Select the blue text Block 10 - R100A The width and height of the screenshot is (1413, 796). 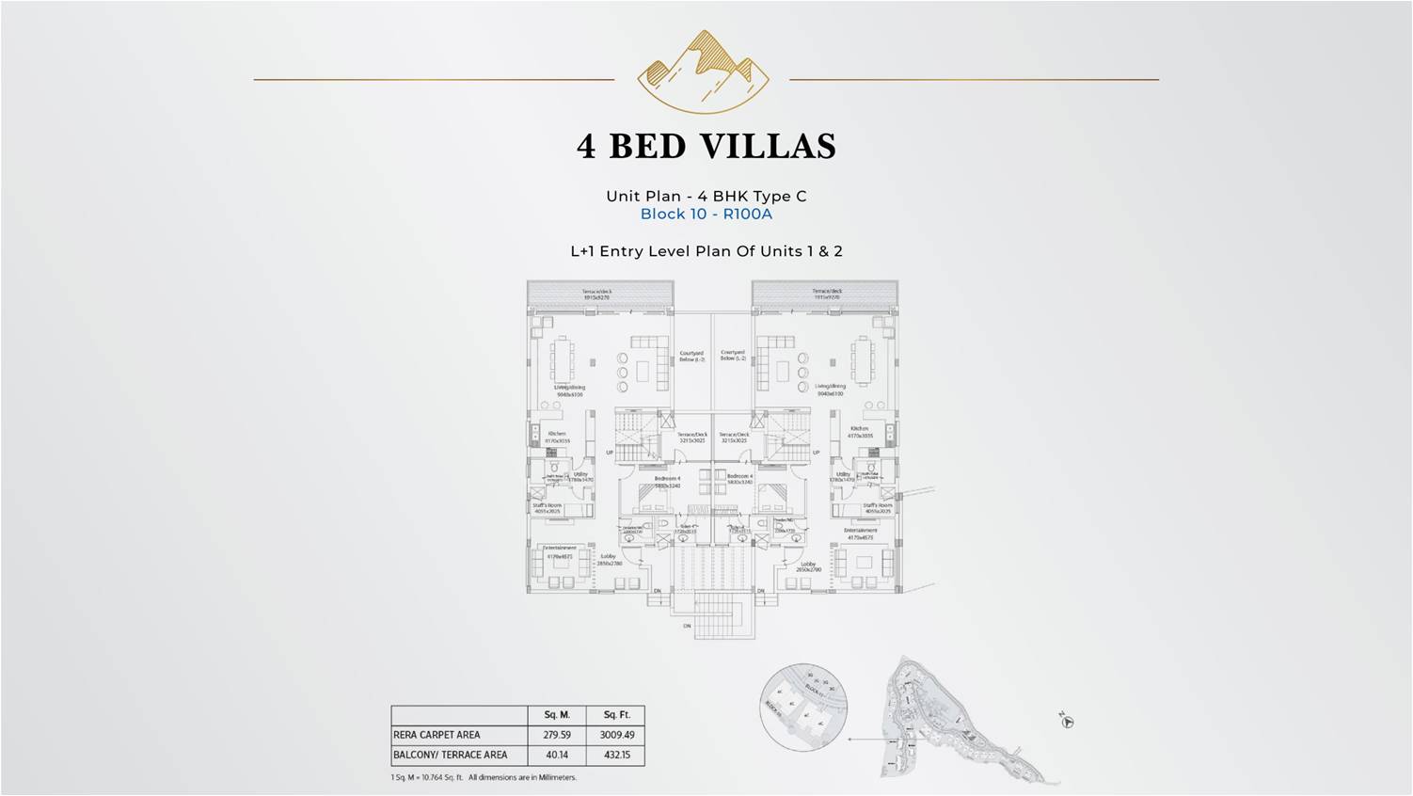coord(706,214)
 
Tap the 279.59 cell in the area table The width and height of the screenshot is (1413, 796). coord(557,735)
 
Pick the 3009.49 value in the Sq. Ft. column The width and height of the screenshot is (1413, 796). coord(617,735)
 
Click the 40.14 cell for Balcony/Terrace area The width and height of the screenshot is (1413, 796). coord(557,755)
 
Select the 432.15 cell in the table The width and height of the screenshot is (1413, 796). coord(617,755)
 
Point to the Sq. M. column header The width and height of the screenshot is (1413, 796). coord(557,715)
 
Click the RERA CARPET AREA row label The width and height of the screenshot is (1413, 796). coord(437,735)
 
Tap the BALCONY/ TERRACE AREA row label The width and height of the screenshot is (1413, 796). coord(450,755)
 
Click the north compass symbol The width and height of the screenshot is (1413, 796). coord(1067,721)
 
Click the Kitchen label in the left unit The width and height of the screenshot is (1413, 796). coord(557,435)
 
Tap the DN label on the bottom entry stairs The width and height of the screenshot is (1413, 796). coord(687,626)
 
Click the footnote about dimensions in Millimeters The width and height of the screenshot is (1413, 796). coord(484,777)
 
